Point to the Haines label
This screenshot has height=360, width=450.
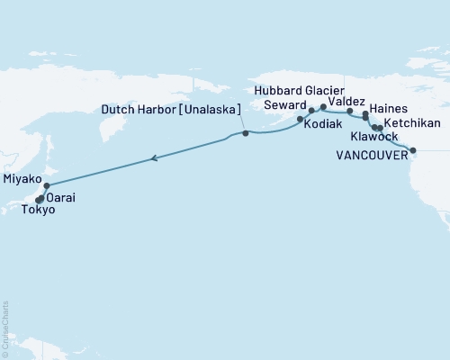click(389, 108)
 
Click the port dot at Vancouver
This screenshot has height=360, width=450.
click(413, 151)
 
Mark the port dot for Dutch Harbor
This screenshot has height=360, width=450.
click(246, 133)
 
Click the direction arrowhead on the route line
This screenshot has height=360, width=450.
click(155, 158)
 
